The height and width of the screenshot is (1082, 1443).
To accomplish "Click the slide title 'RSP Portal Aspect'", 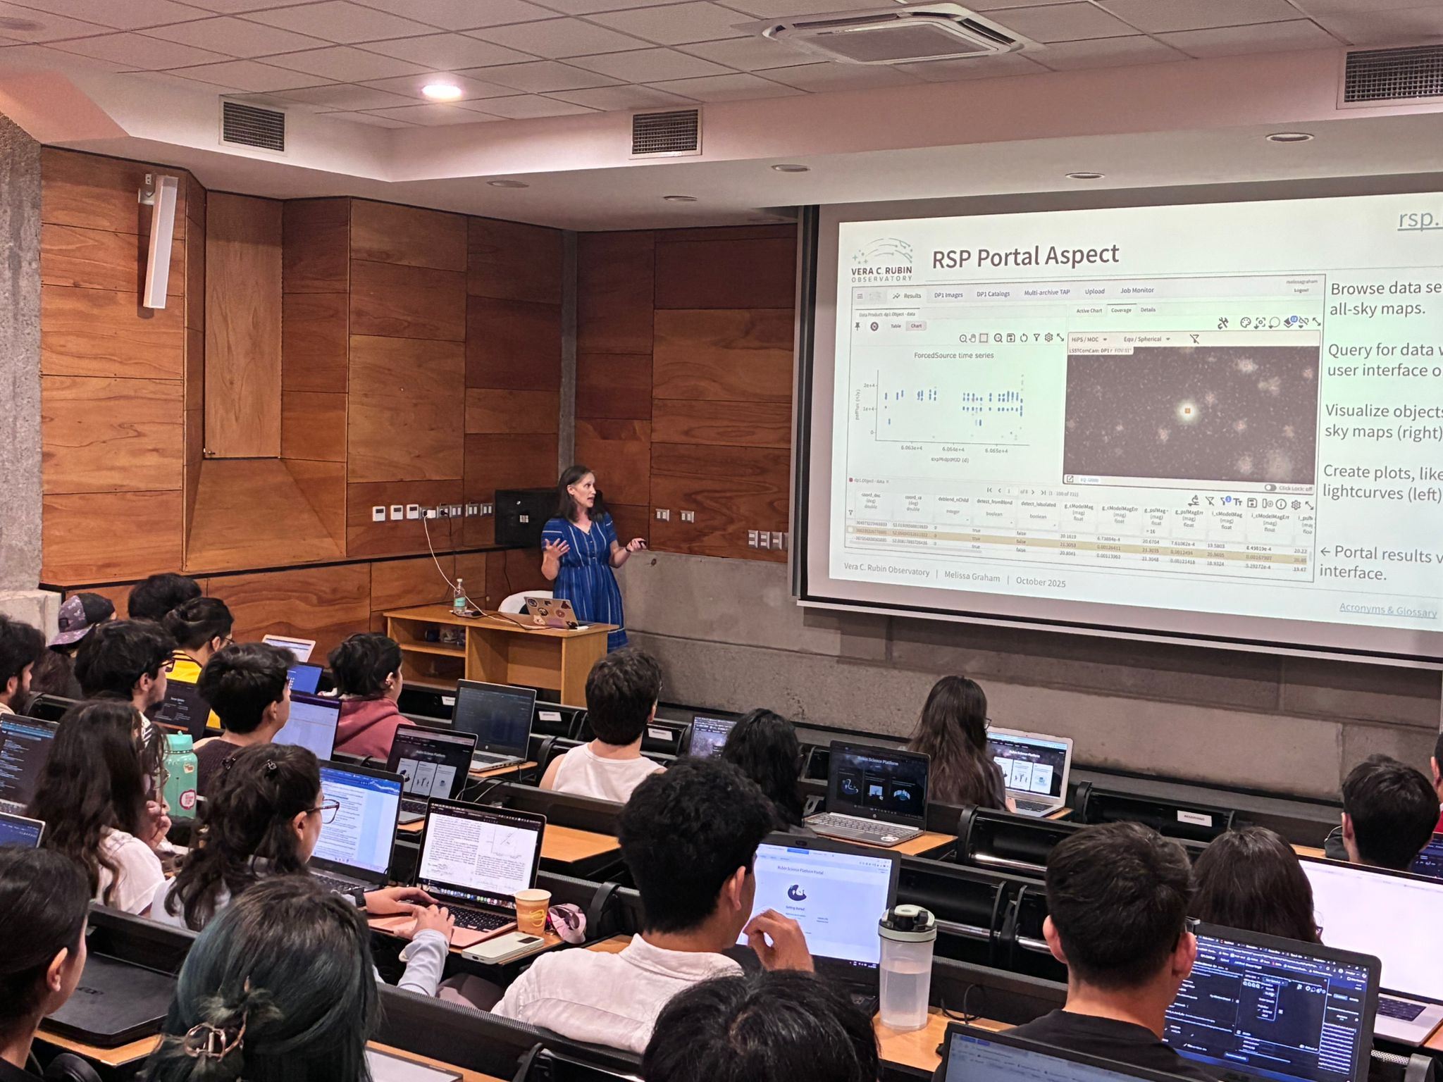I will (x=1024, y=256).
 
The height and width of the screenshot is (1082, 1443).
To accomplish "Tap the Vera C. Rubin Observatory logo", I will (x=881, y=261).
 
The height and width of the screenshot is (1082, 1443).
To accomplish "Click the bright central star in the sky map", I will (x=1187, y=410).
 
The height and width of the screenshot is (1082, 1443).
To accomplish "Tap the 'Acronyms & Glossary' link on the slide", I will (x=1387, y=610).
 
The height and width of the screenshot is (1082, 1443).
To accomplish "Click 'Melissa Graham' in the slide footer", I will (x=972, y=577).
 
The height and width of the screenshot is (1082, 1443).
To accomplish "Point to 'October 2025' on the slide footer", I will (x=1040, y=582).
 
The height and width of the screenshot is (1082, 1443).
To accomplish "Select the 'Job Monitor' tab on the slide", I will (x=1137, y=290).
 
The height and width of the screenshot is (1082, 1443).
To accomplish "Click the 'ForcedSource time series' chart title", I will (x=953, y=355).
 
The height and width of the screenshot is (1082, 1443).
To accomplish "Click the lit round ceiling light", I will (x=441, y=91).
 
